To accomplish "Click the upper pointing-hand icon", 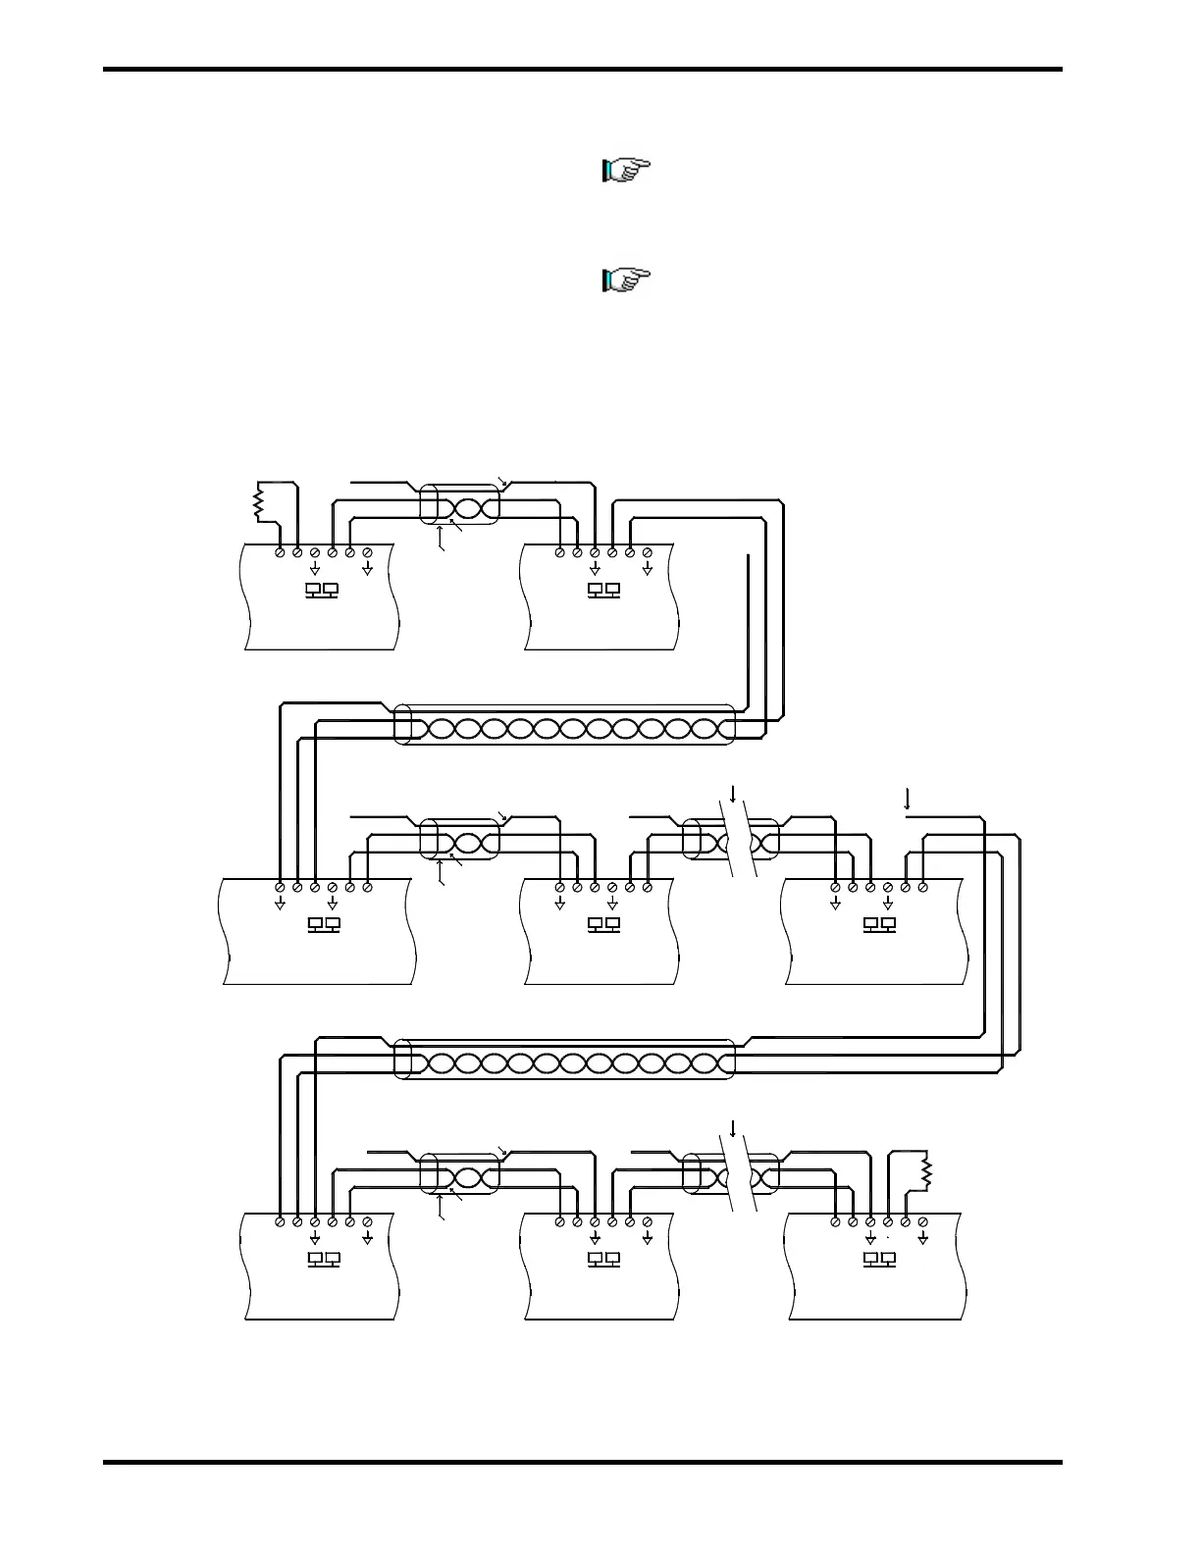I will [x=626, y=172].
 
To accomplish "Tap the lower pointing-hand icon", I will [x=626, y=282].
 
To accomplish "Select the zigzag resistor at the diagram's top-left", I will [x=260, y=503].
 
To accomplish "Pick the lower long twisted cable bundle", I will [x=564, y=1062].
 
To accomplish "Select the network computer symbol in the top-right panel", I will [x=602, y=591].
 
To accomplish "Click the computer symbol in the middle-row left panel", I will [x=323, y=925].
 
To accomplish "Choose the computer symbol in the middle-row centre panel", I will [x=602, y=925].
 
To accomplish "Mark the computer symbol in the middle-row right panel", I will [x=878, y=925].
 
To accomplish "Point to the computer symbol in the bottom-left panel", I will [x=323, y=1259].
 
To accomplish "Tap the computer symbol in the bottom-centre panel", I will [x=602, y=1259].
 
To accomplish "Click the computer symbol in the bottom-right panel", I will [x=878, y=1259].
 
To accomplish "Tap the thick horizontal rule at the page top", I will [x=583, y=70].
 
